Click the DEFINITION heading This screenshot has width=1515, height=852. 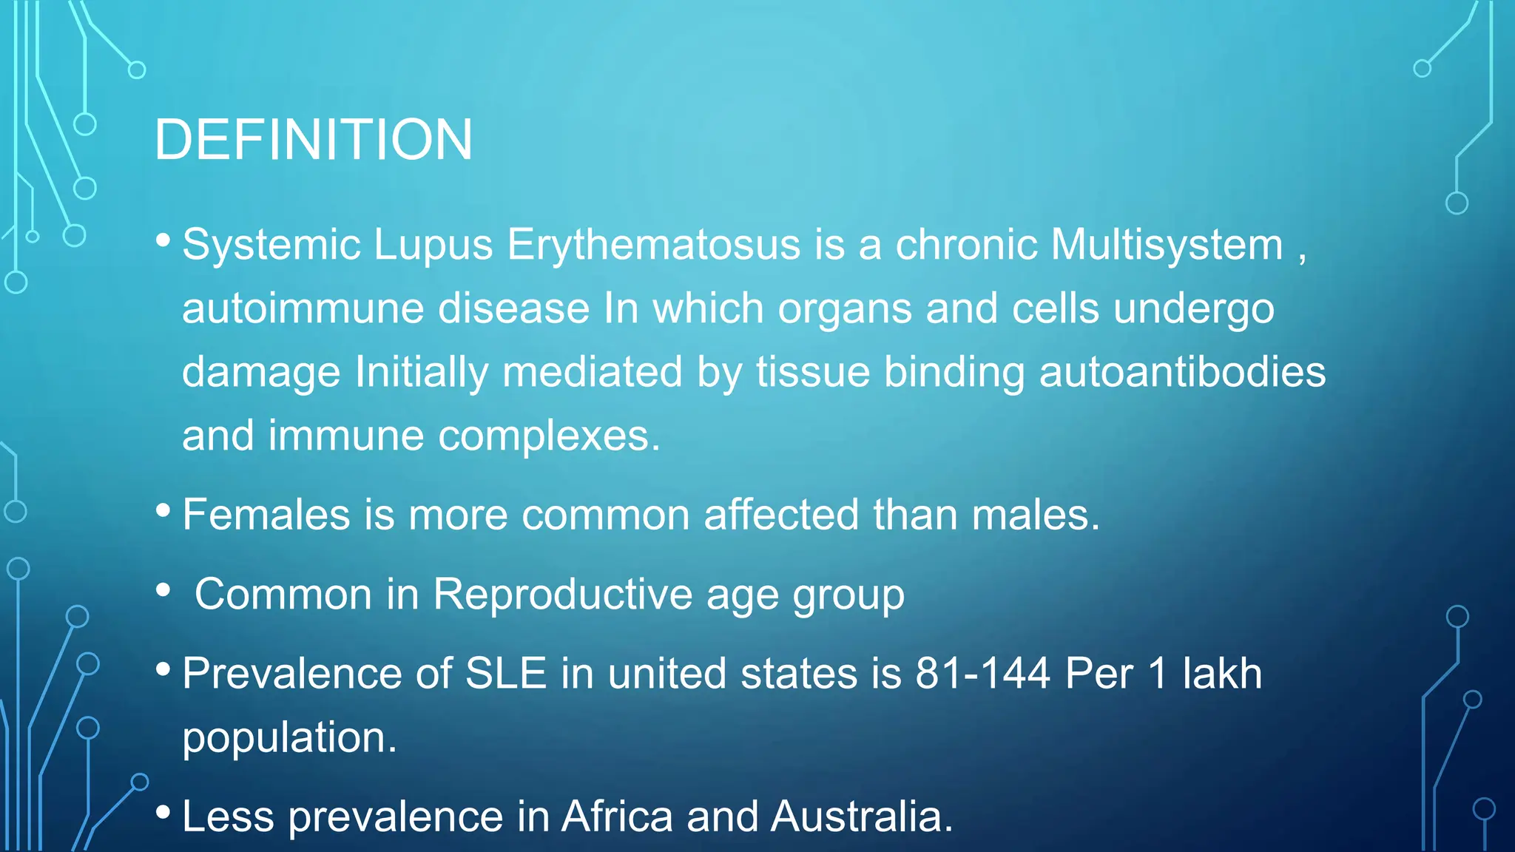tap(313, 140)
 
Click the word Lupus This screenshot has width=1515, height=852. tap(433, 245)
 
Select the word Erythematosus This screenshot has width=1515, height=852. tap(653, 245)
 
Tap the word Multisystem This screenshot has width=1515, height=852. tap(1167, 245)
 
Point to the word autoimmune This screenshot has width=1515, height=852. tap(303, 308)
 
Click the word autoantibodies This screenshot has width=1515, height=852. tap(1181, 372)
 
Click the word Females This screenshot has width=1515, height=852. tap(266, 515)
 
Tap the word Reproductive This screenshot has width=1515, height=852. tap(562, 594)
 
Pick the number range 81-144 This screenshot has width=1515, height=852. tap(982, 674)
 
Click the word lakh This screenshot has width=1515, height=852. tap(1222, 674)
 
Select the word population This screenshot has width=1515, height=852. tap(289, 737)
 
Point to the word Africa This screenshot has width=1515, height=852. tap(617, 816)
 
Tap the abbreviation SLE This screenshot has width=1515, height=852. tap(505, 674)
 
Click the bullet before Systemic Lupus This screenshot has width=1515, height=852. tap(163, 240)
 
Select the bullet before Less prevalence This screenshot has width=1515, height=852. tap(163, 812)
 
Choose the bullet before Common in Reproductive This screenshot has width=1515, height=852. tap(163, 590)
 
